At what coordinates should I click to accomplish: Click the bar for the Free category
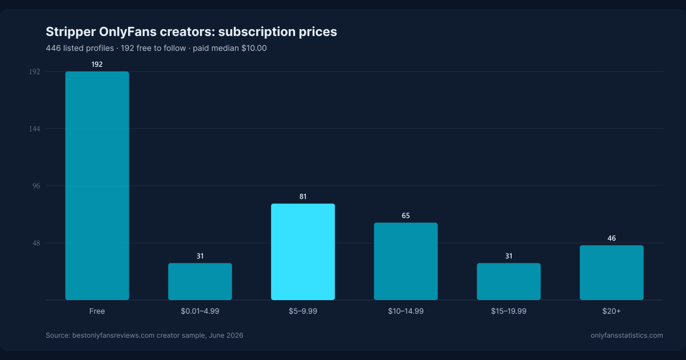(97, 186)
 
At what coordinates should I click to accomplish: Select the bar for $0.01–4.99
(200, 281)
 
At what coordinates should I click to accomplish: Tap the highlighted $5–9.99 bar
(303, 251)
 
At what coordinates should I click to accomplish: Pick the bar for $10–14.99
(406, 261)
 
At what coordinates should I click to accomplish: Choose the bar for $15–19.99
(509, 281)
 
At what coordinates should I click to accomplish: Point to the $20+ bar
(612, 273)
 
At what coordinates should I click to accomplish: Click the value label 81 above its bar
(303, 197)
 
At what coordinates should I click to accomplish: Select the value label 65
(406, 216)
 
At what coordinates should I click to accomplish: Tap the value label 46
(612, 238)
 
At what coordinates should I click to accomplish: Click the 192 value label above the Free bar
(97, 64)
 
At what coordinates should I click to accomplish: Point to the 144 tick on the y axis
(35, 129)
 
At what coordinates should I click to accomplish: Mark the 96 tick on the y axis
(36, 186)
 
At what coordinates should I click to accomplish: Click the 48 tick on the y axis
(36, 243)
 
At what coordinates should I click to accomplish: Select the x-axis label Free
(97, 311)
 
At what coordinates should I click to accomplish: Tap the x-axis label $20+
(612, 311)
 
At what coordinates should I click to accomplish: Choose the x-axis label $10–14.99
(406, 311)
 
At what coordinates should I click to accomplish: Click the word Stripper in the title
(70, 32)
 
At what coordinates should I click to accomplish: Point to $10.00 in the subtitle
(254, 48)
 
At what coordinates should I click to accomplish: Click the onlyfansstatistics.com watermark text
(627, 335)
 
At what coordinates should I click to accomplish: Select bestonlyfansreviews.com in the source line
(113, 335)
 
